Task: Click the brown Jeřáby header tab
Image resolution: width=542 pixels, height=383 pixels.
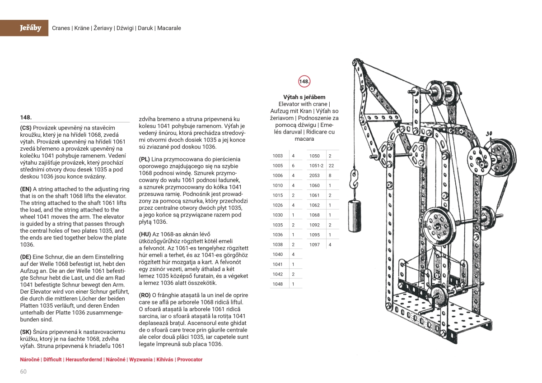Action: coord(30,28)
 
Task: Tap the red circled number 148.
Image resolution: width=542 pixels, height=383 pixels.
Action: coord(304,82)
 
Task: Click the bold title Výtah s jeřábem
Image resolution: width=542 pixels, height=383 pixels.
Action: coord(304,97)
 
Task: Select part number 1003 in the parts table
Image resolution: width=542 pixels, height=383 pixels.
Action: coord(277,156)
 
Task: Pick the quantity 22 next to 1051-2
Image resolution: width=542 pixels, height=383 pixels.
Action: coord(331,166)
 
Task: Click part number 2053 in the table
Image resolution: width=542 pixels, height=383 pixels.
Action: coord(314,175)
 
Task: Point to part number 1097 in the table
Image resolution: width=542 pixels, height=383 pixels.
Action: coord(314,245)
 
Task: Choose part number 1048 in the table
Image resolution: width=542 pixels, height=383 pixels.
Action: coord(277,284)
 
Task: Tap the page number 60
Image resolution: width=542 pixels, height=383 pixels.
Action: coord(23,371)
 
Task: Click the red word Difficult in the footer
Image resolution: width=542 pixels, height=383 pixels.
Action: coord(53,360)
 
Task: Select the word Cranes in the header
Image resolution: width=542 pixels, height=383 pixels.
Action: coord(61,28)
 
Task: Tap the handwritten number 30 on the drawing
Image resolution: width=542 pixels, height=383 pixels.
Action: coord(489,134)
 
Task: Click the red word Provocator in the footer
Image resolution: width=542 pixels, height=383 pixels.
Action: coord(190,360)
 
